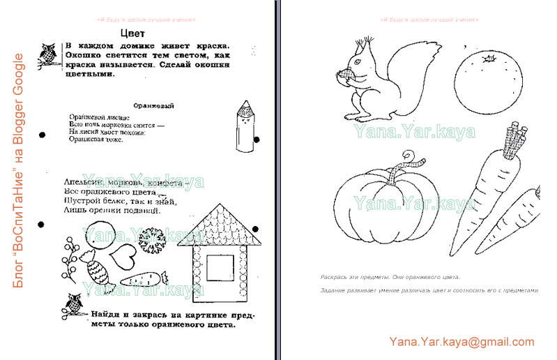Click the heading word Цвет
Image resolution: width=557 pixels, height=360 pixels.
pyautogui.click(x=132, y=33)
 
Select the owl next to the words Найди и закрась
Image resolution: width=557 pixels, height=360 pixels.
pyautogui.click(x=73, y=304)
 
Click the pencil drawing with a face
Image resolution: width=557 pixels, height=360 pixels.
pyautogui.click(x=244, y=126)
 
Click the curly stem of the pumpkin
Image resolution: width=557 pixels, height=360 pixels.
pyautogui.click(x=404, y=167)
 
